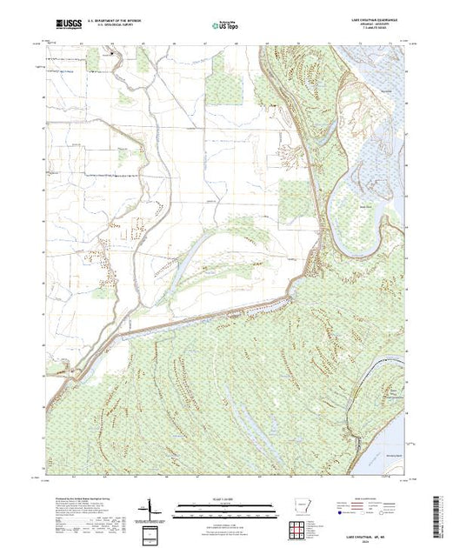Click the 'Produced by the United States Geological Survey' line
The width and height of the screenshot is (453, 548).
tap(78, 498)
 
